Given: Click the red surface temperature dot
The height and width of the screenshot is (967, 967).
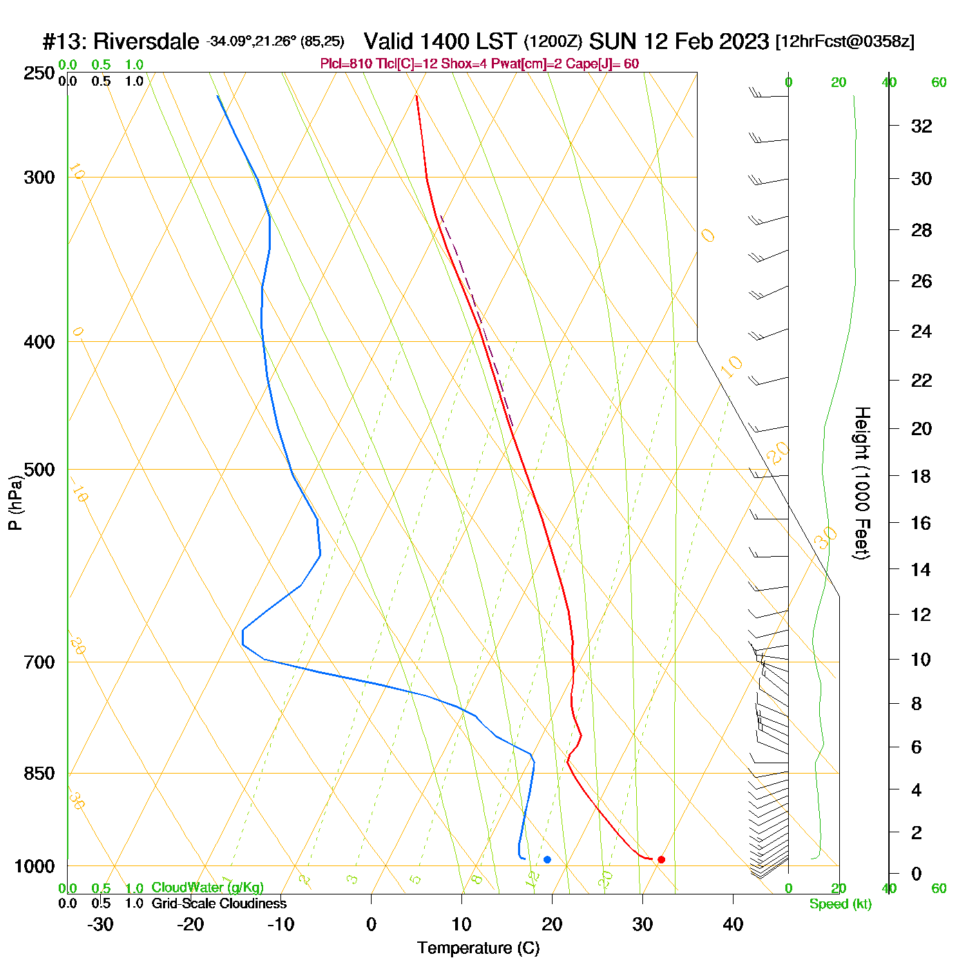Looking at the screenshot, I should point(661,859).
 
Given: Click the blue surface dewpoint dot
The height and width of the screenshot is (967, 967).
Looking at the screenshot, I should point(547,859).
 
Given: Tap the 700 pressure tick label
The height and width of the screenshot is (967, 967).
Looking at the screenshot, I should point(39,662).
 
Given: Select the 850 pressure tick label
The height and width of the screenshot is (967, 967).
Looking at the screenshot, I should point(39,774).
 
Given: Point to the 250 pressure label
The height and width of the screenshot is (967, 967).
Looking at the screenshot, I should point(39,73).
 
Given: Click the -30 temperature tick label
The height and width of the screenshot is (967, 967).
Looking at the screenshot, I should point(100,924).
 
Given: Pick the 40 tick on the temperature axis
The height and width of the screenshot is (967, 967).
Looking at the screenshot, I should point(733,924).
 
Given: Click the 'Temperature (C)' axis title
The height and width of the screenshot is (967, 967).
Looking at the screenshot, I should point(478,948).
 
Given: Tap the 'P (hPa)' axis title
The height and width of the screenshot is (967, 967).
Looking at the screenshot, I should point(15,503).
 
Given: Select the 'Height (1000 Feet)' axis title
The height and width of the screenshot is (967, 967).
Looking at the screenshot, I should point(861,483).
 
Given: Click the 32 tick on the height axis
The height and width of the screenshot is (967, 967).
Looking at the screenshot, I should point(921,126).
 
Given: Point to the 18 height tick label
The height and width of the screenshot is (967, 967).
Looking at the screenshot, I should point(921,477).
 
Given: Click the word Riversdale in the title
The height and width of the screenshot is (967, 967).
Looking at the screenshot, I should point(146,42).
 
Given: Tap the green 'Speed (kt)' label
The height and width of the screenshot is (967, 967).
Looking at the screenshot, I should point(841,904).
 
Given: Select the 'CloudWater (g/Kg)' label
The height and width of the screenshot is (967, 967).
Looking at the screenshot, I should point(207,888).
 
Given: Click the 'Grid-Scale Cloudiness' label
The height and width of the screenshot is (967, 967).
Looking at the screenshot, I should point(219,903).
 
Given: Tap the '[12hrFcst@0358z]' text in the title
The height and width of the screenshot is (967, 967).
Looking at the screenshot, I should point(845,41).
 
